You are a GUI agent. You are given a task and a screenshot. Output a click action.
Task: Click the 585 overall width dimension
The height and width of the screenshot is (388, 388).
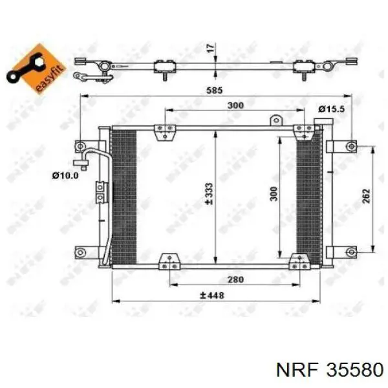tap(215, 91)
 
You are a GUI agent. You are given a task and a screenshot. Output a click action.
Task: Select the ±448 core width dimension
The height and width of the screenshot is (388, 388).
tap(212, 296)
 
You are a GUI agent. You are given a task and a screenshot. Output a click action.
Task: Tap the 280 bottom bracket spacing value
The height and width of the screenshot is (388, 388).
tap(235, 279)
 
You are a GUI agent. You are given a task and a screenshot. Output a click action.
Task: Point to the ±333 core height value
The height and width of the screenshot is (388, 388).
tap(209, 194)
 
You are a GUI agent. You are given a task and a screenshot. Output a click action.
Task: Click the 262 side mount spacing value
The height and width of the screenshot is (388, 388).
tap(366, 196)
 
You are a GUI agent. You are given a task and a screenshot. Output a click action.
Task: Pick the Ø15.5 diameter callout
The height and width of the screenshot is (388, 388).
tap(331, 109)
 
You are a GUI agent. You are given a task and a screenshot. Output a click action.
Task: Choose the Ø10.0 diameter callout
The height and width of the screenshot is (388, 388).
tap(65, 175)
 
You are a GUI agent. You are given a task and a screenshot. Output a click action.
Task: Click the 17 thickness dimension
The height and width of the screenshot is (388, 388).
tap(210, 48)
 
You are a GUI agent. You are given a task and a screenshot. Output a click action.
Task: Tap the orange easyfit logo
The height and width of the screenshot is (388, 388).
tap(36, 69)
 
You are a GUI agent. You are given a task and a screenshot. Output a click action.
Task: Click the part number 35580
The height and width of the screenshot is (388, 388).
tap(355, 370)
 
